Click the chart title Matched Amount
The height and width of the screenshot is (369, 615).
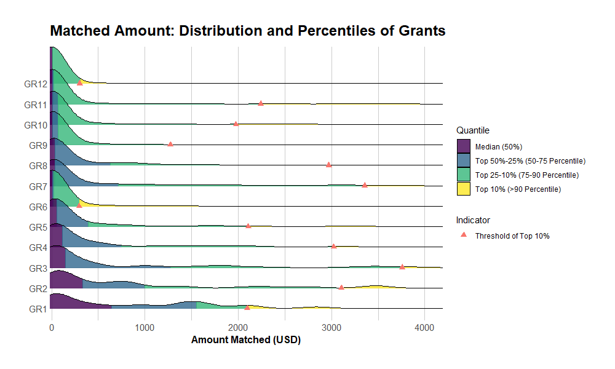click(x=247, y=31)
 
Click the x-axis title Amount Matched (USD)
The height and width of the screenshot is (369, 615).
click(x=246, y=339)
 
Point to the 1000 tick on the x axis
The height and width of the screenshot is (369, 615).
click(x=145, y=327)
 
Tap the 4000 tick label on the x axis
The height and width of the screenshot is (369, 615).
click(x=424, y=327)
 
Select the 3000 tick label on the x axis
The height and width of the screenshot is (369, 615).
click(x=331, y=327)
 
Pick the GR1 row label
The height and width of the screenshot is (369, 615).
click(x=38, y=309)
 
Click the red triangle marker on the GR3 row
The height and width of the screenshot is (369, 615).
click(x=402, y=266)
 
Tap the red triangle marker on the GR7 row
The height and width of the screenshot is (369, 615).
click(x=365, y=184)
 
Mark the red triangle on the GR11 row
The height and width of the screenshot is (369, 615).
click(x=261, y=103)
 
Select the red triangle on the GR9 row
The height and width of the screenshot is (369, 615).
click(x=170, y=144)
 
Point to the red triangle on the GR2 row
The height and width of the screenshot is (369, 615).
click(x=341, y=287)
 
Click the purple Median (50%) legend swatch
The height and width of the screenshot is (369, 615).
click(x=464, y=146)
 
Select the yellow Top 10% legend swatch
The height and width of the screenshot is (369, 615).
click(x=464, y=189)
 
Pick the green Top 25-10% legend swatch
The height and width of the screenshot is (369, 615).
click(x=464, y=175)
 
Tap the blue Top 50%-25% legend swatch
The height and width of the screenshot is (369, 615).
click(x=464, y=161)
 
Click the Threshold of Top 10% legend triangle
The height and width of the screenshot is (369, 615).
click(x=464, y=236)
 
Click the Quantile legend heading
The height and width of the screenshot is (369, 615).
click(x=472, y=130)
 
